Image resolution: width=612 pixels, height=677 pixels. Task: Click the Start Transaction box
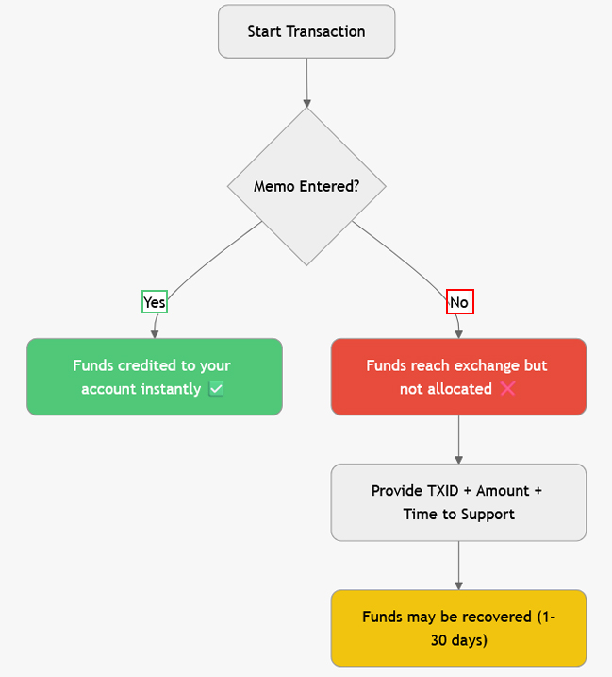click(x=306, y=31)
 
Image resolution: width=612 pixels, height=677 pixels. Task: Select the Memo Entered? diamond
click(x=306, y=186)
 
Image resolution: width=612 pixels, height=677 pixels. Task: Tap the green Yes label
click(x=154, y=302)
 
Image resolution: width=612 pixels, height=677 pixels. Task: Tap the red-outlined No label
click(x=459, y=302)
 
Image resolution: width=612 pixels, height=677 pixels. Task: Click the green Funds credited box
click(x=155, y=377)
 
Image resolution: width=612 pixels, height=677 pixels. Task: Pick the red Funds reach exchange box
click(x=458, y=377)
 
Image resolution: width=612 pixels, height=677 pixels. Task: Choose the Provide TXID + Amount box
click(x=458, y=502)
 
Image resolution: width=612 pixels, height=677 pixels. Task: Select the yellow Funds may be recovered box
click(x=458, y=628)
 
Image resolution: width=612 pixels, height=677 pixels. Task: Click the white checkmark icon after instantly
click(x=216, y=389)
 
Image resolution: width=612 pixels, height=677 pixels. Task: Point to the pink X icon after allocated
click(x=507, y=389)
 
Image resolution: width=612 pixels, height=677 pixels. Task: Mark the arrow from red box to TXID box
click(x=458, y=439)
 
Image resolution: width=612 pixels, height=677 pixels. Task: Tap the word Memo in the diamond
click(x=274, y=186)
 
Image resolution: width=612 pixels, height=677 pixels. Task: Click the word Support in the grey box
click(x=489, y=515)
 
